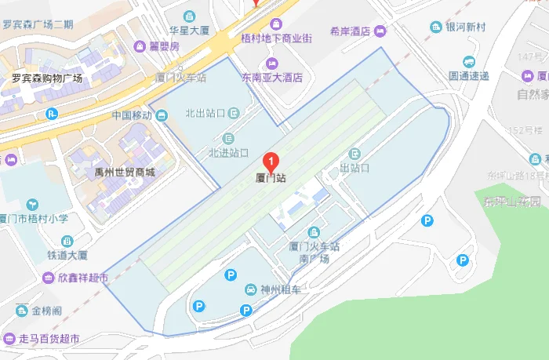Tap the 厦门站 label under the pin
coord(271,178)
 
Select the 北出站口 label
coord(205,113)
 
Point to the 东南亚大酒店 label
coord(271,78)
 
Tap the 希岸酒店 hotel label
coord(350,31)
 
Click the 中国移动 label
coord(132,115)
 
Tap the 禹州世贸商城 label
coord(124,173)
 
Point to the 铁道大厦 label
coord(67,255)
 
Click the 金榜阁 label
coord(46,311)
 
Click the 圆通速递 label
coord(468,76)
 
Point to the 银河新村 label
coord(465,27)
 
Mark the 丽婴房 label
coord(164,45)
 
